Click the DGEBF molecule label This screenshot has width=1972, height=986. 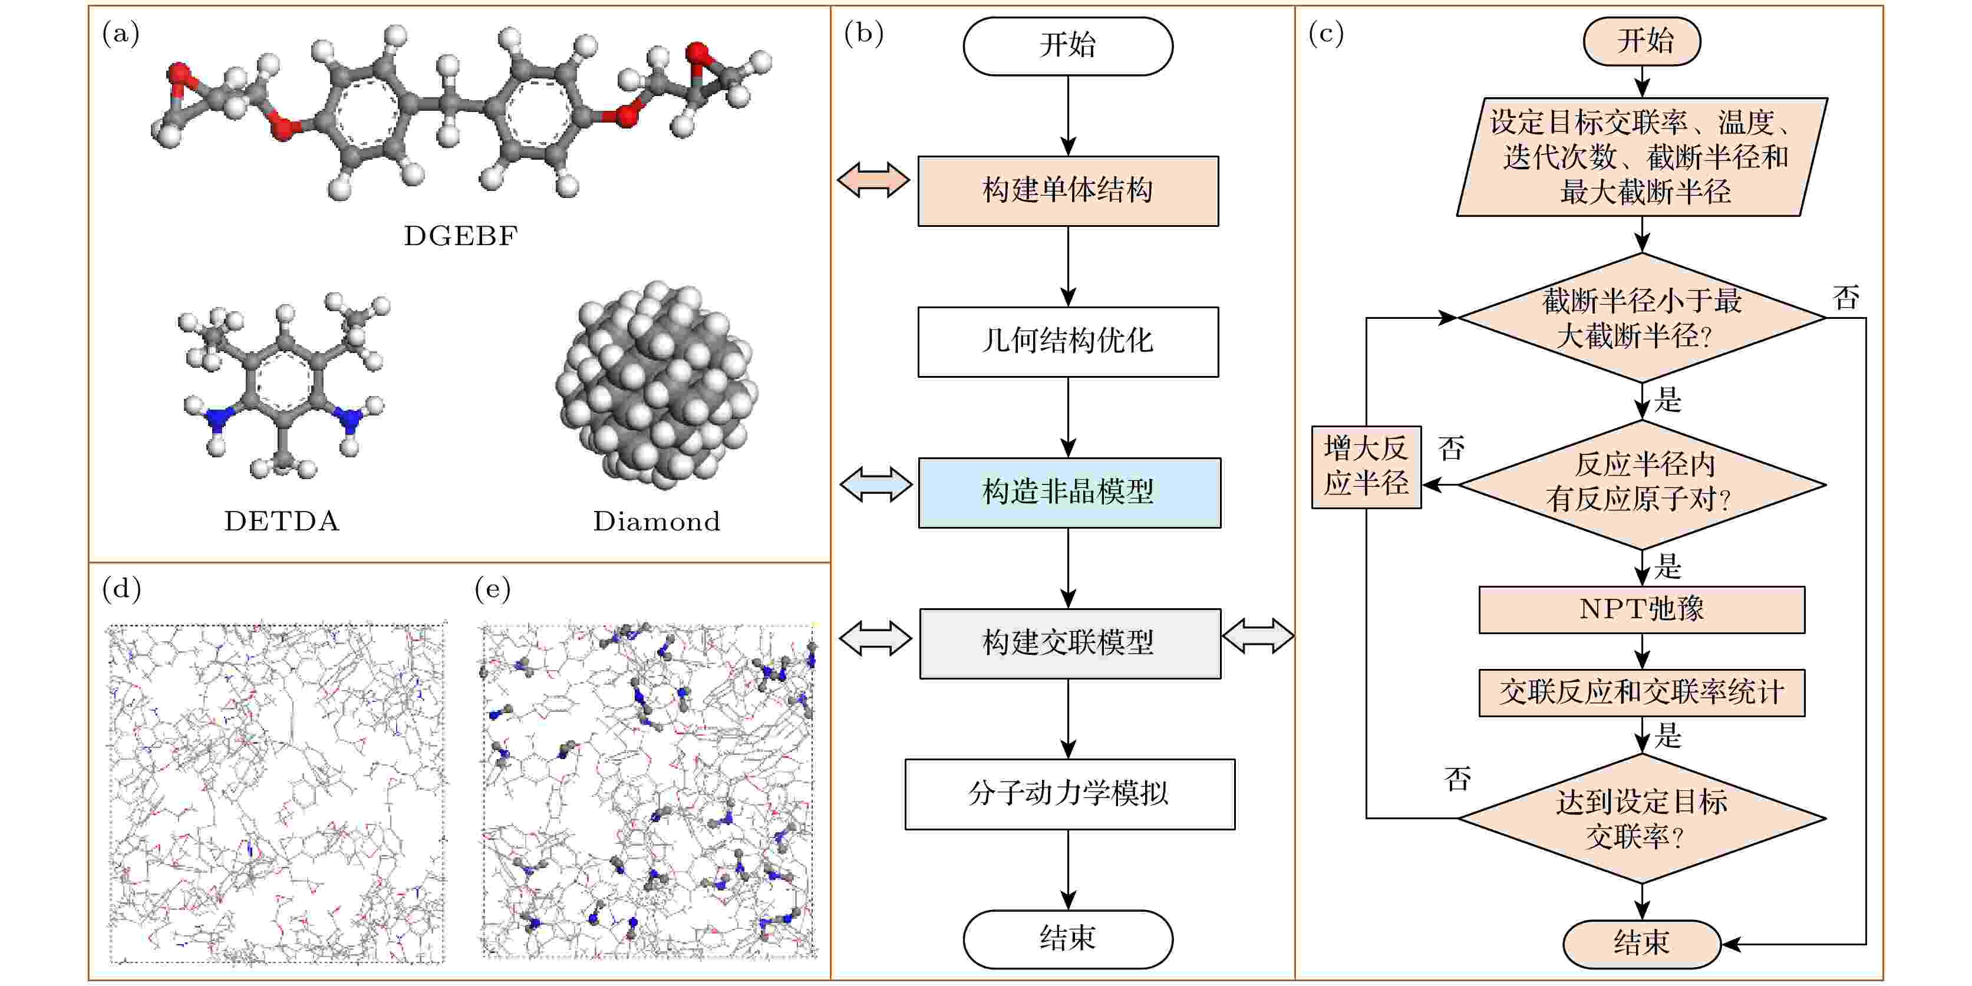pyautogui.click(x=461, y=236)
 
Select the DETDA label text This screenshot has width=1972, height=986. pyautogui.click(x=282, y=522)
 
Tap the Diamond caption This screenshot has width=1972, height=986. pyautogui.click(x=657, y=522)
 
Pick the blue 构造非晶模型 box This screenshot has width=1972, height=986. pyautogui.click(x=1070, y=493)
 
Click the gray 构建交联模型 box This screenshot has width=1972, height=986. pyautogui.click(x=1070, y=644)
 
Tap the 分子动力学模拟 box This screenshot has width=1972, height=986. pyautogui.click(x=1070, y=794)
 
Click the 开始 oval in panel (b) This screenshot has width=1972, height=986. pyautogui.click(x=1068, y=46)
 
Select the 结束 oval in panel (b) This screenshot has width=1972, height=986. pyautogui.click(x=1068, y=939)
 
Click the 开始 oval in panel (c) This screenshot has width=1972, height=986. pyautogui.click(x=1642, y=41)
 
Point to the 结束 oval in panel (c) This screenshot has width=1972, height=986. pyautogui.click(x=1642, y=944)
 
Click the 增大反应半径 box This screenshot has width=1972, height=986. pyautogui.click(x=1367, y=467)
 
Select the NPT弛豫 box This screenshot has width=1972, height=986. pyautogui.click(x=1642, y=610)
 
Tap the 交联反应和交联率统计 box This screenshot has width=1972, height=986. pyautogui.click(x=1642, y=694)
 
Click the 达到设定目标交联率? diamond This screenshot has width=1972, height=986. pyautogui.click(x=1642, y=819)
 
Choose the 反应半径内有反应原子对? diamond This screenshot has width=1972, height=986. pyautogui.click(x=1642, y=484)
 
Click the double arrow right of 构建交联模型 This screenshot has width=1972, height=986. pyautogui.click(x=1258, y=636)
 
